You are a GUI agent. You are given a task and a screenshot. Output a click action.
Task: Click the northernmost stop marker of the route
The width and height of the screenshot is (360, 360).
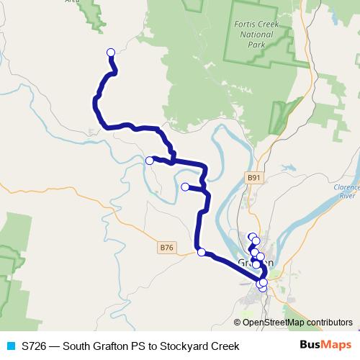[111, 52]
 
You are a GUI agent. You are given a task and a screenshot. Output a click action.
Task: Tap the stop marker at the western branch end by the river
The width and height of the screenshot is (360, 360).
[150, 161]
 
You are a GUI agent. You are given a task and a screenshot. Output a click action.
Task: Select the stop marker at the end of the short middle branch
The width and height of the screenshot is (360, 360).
[185, 187]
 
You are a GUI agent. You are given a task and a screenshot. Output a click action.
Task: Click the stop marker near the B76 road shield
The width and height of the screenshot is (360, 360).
[201, 252]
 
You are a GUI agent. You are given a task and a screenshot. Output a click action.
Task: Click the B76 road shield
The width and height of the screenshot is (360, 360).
[167, 248]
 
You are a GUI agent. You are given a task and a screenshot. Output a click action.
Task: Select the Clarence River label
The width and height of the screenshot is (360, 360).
[346, 191]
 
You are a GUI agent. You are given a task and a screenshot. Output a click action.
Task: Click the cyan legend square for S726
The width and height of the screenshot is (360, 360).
[9, 346]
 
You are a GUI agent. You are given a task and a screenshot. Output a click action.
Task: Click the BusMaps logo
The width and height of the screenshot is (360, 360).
[326, 346]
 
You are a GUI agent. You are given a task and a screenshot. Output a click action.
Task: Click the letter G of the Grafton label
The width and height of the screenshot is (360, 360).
[241, 264]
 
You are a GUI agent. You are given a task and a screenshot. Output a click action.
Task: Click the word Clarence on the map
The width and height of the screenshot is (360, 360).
[346, 186]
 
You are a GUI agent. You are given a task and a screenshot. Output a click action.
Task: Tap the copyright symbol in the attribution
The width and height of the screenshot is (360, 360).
[238, 323]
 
